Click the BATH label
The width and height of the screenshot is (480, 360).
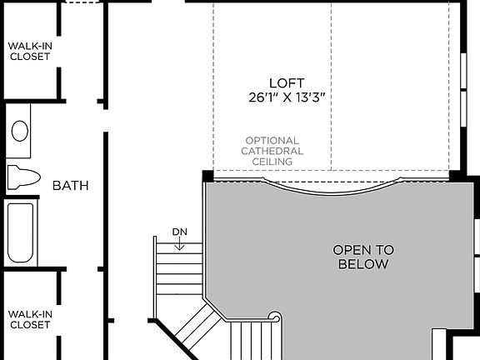(71, 185)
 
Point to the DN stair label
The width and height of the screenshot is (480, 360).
(180, 231)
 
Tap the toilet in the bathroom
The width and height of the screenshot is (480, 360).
(23, 177)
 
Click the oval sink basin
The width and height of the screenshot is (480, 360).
(20, 131)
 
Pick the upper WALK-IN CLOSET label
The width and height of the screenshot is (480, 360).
(29, 51)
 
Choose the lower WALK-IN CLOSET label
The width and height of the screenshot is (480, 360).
(29, 318)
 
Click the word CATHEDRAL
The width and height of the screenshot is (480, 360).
(272, 151)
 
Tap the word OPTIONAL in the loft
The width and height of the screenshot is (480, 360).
(272, 141)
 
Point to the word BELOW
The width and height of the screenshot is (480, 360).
(363, 264)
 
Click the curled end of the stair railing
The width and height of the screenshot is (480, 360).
(274, 317)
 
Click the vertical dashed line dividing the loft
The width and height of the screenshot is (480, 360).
(331, 83)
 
